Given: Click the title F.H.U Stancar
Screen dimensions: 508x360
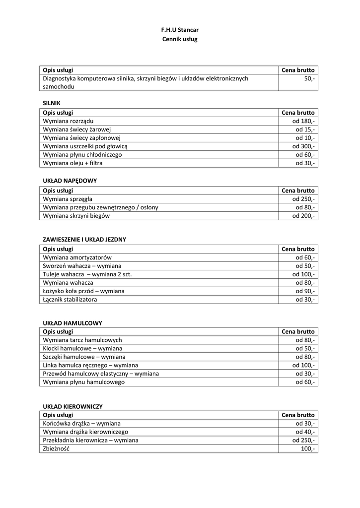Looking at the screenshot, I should coord(180,30).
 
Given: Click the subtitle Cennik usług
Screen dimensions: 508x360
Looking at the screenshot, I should coord(180,39).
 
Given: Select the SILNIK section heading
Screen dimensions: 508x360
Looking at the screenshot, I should coord(52,103).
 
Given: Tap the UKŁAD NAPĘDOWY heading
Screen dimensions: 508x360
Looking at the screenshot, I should coord(70,181).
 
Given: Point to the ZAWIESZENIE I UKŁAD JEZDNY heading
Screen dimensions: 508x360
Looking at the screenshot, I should coord(84,239).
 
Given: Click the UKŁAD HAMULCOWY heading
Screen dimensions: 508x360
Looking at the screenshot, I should coord(72,323).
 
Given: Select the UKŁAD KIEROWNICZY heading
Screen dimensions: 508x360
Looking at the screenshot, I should coord(73,406).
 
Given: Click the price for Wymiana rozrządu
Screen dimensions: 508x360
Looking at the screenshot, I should coord(304,121).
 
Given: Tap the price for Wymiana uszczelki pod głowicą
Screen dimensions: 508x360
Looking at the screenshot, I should coord(303,146).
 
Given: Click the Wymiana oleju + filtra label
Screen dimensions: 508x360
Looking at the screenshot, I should coord(73,163).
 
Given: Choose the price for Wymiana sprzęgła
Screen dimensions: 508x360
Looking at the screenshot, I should coord(303,199).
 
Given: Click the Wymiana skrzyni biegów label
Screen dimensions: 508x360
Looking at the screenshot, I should coord(76,216).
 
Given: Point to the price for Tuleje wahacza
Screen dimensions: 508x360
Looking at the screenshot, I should coord(303,274).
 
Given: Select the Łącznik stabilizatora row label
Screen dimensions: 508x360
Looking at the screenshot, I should coord(70,300).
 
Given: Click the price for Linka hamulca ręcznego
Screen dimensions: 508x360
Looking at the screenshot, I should coord(303,366).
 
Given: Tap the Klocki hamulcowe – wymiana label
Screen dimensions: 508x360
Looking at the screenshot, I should coord(83,349).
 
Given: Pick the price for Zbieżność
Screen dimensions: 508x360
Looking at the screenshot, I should coord(306,448).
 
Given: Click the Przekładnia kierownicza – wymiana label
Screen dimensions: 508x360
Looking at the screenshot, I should coord(91,440).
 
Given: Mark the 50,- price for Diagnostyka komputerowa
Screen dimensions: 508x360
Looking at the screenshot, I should coord(309,78).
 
